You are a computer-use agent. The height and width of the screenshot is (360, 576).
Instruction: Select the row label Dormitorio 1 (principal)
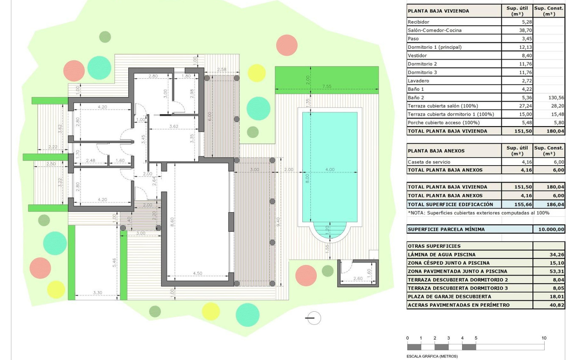[435, 47]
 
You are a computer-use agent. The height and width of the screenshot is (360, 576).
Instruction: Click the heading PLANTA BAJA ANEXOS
[436, 151]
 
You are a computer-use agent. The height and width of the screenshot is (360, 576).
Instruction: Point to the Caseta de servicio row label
[429, 162]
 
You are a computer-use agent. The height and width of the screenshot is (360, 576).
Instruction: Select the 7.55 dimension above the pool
[327, 86]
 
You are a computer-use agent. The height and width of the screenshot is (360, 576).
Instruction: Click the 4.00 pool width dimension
[330, 170]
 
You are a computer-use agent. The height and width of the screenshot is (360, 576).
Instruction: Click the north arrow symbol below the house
[314, 318]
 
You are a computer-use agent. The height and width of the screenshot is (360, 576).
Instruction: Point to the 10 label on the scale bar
[544, 338]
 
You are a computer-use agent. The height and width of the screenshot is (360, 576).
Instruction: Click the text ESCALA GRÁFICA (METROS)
[432, 356]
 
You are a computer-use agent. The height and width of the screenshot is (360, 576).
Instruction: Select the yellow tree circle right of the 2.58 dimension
[256, 73]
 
